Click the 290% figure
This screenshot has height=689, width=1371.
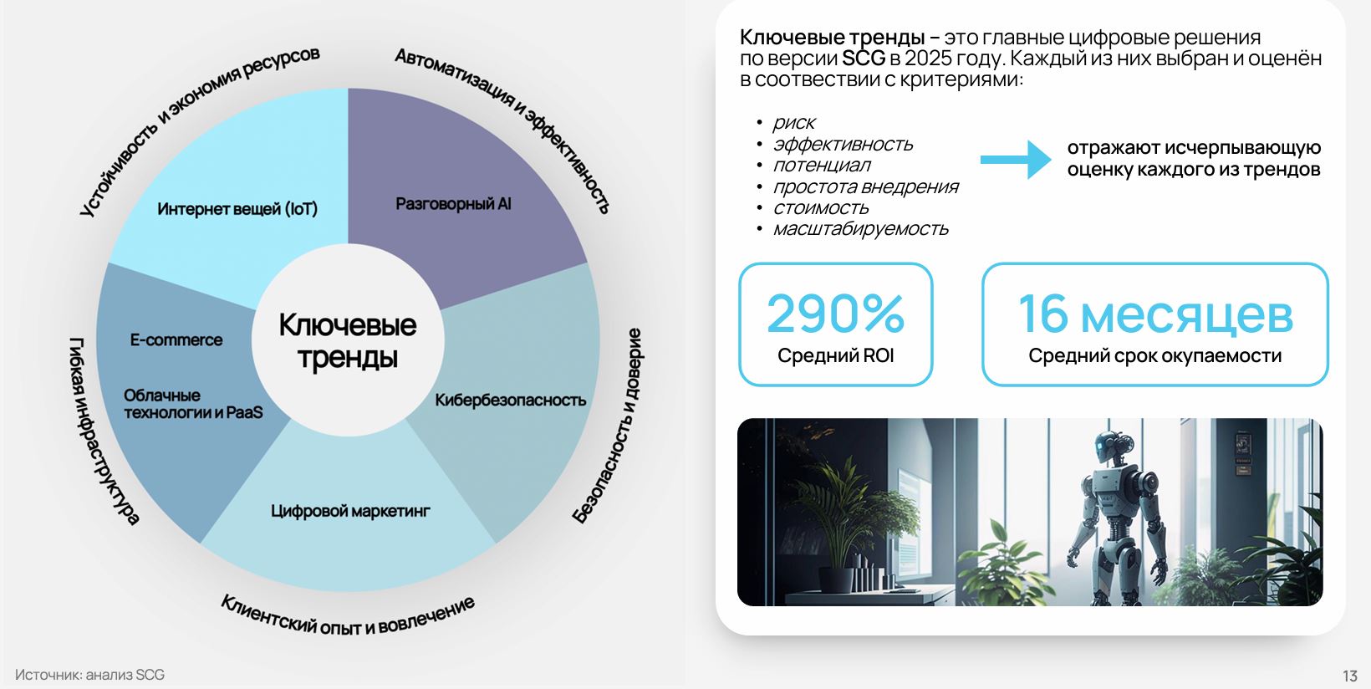[x=835, y=313]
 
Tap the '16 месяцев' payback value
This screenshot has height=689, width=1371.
[x=1155, y=314]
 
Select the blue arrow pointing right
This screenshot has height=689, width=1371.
[x=1016, y=159]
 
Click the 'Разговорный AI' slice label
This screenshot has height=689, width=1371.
[x=453, y=203]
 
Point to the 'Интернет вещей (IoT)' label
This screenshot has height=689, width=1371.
[x=237, y=209]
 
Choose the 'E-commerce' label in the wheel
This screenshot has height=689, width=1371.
[x=176, y=340]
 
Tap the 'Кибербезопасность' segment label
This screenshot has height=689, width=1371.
[x=511, y=400]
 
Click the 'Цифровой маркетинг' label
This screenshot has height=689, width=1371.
[x=350, y=511]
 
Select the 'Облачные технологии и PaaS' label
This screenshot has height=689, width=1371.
[x=193, y=404]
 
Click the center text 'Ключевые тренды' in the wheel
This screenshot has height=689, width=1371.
[x=348, y=340]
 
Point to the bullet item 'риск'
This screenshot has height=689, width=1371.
[x=794, y=122]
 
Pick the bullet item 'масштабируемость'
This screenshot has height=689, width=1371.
[x=860, y=229]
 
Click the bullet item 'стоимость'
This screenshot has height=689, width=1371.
[x=821, y=207]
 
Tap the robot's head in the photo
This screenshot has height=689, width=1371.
[x=1109, y=447]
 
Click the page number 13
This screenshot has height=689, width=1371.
[x=1350, y=676]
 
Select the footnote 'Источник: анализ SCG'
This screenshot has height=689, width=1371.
[x=90, y=675]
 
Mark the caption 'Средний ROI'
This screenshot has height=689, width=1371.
[x=835, y=355]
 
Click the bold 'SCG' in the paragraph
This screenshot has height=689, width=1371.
[x=864, y=59]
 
